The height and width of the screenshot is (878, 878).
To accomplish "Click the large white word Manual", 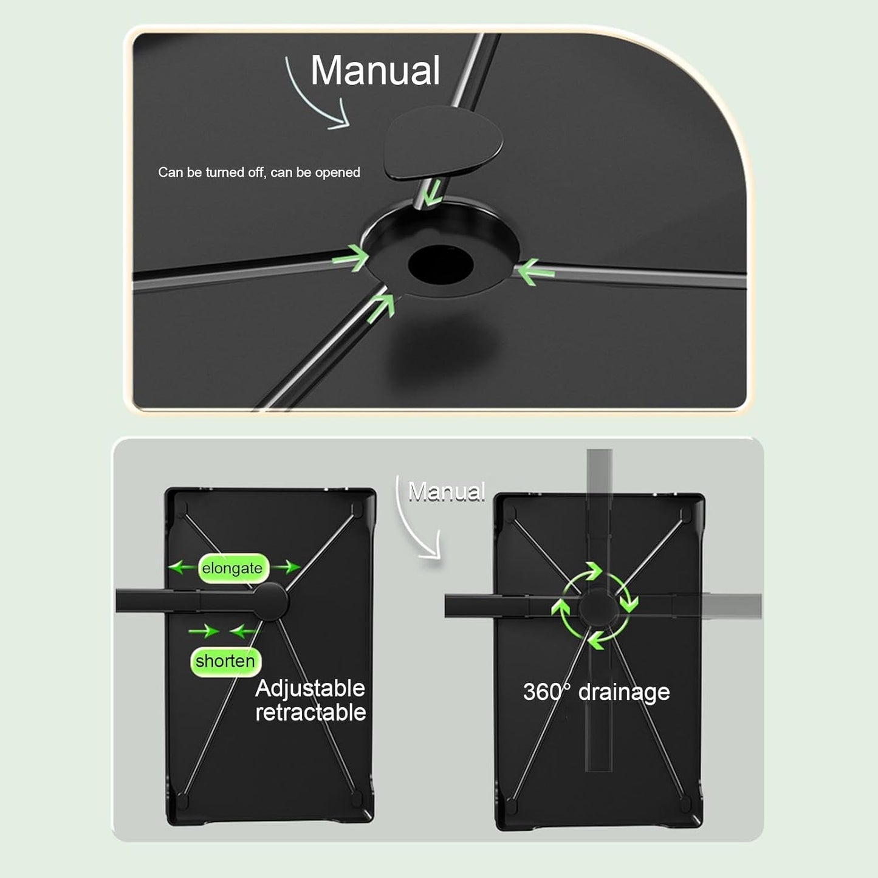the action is (375, 70).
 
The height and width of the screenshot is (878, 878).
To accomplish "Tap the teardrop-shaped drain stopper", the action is (443, 142).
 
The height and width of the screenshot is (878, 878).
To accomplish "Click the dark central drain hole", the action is (441, 266).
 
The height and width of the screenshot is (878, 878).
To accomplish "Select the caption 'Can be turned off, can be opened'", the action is (259, 172).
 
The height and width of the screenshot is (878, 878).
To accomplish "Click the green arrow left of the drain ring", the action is (351, 258).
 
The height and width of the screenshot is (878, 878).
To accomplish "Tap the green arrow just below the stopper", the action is (432, 192).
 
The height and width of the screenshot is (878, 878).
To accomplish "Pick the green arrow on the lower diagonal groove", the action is (381, 307).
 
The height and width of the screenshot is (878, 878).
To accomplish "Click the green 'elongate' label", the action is (233, 568).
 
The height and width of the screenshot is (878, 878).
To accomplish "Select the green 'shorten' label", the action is (225, 661).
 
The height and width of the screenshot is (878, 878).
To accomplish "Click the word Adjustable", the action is (310, 689).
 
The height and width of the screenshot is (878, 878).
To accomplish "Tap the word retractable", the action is (310, 713).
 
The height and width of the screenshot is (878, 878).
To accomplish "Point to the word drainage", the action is (624, 693).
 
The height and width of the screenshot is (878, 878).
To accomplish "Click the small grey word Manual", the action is (447, 492).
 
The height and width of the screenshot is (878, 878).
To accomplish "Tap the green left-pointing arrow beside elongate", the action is (182, 568).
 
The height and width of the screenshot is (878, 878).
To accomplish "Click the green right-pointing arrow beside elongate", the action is (287, 568).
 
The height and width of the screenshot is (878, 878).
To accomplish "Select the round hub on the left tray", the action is (270, 602).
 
